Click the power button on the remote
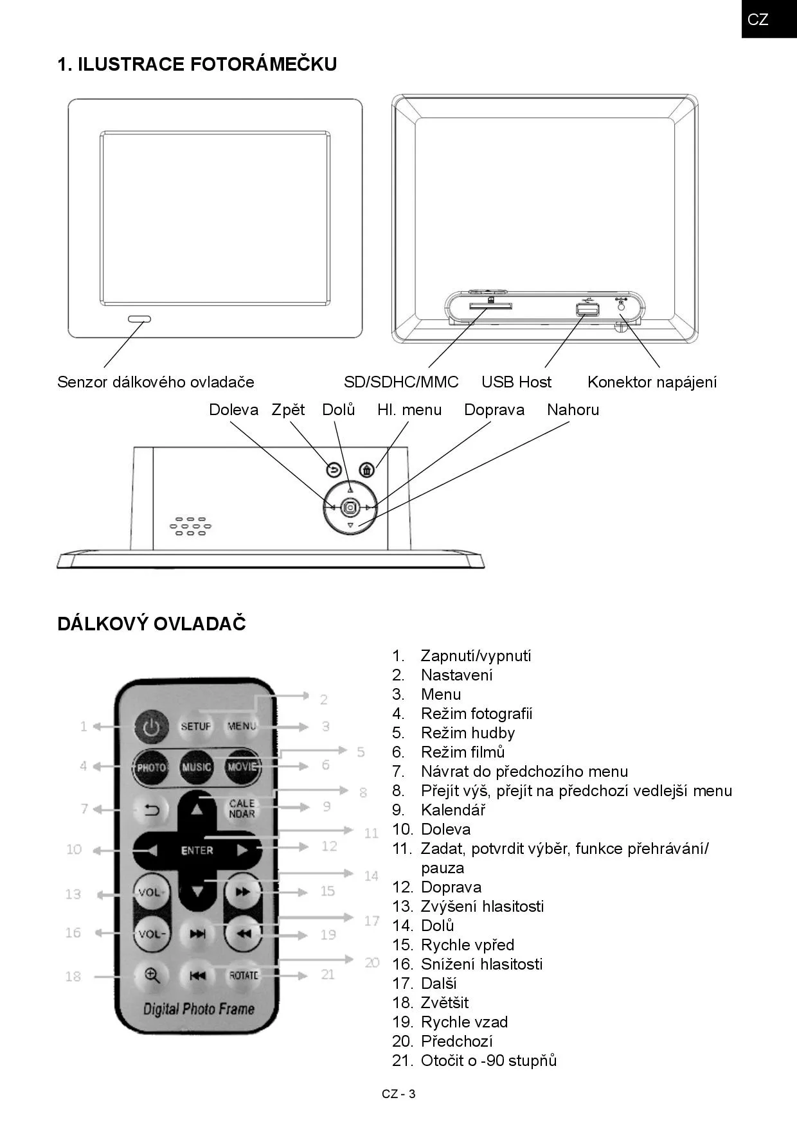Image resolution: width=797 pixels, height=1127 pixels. (x=151, y=727)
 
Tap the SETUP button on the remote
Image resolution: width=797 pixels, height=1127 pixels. (x=196, y=727)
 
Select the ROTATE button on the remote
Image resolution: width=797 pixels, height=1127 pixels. (x=244, y=975)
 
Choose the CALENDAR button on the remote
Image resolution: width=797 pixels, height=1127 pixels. (x=242, y=808)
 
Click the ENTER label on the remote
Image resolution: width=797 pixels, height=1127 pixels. (x=197, y=851)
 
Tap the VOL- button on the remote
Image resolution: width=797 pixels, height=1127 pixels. (x=152, y=934)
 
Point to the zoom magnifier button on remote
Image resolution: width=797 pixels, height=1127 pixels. (x=152, y=976)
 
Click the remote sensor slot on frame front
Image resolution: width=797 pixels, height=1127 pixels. (x=139, y=319)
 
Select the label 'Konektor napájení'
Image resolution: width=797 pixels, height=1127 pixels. (x=652, y=382)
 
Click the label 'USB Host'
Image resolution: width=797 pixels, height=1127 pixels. (x=516, y=382)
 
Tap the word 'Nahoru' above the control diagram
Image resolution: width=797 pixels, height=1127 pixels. (x=573, y=410)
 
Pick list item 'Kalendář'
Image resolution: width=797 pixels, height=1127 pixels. (x=453, y=810)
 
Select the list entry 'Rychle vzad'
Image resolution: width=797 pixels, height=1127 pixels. (x=464, y=1022)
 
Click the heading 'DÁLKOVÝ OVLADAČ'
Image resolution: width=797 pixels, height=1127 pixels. (x=152, y=624)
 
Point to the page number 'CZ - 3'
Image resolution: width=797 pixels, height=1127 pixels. (x=398, y=1094)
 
